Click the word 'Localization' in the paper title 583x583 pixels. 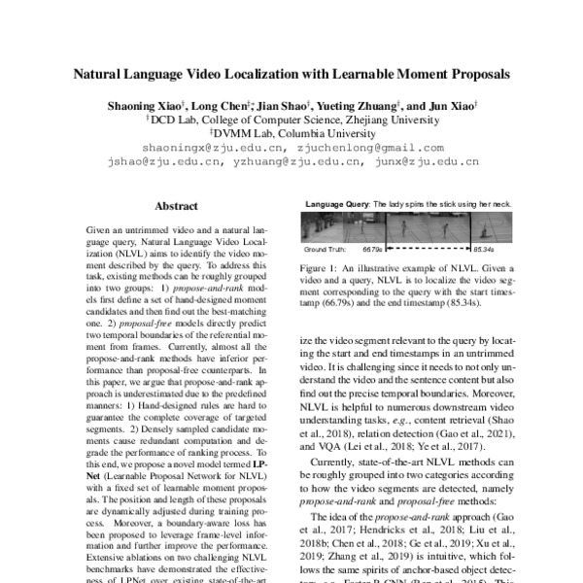tap(250, 73)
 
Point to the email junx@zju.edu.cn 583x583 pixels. tap(426, 162)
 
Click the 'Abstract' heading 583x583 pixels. tap(176, 206)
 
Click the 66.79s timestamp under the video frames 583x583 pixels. tap(375, 248)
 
